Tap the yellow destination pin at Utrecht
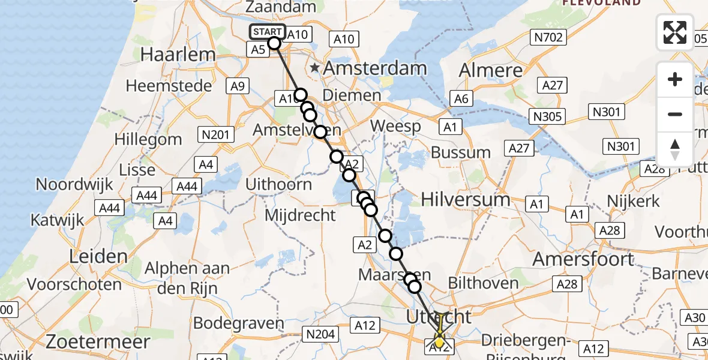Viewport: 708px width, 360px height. tap(439, 341)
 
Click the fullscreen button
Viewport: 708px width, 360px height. tap(675, 32)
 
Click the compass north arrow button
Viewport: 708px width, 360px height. tap(675, 149)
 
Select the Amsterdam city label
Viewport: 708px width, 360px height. tap(375, 68)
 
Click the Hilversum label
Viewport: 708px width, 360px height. tap(465, 199)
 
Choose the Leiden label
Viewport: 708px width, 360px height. tap(98, 257)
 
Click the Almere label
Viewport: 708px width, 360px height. tap(491, 71)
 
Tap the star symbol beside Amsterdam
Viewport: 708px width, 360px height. tap(314, 68)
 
